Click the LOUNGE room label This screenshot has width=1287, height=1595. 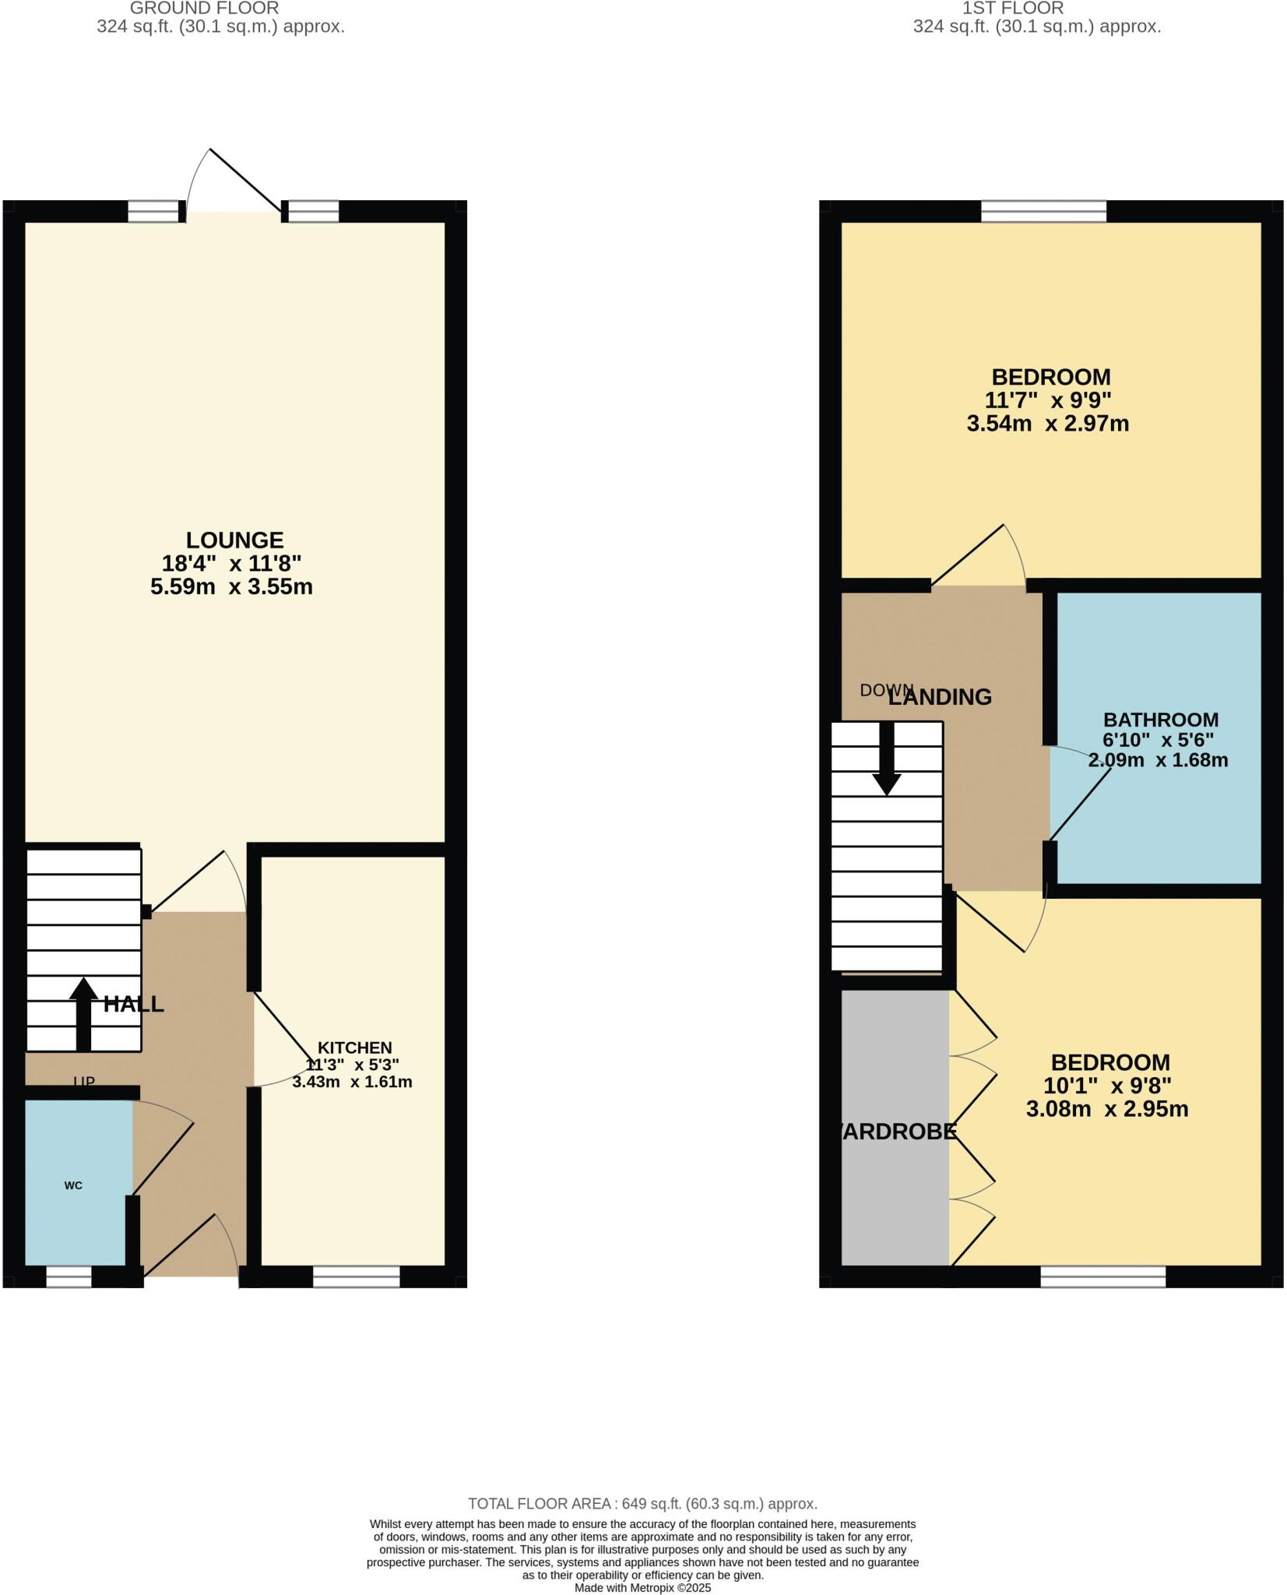pyautogui.click(x=234, y=540)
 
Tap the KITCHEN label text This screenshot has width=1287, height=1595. pyautogui.click(x=354, y=1047)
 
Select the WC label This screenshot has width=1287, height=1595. pyautogui.click(x=73, y=1185)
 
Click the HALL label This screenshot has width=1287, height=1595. pyautogui.click(x=134, y=1004)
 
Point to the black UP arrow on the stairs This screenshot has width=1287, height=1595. pyautogui.click(x=83, y=1012)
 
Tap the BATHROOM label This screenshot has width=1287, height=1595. pyautogui.click(x=1160, y=720)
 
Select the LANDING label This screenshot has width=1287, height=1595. pyautogui.click(x=941, y=697)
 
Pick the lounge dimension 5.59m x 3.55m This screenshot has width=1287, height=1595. pyautogui.click(x=232, y=586)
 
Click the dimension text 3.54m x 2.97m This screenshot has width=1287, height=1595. pyautogui.click(x=1047, y=424)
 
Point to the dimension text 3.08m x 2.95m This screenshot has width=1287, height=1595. pyautogui.click(x=1106, y=1109)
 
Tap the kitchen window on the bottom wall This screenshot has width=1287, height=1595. pyautogui.click(x=356, y=1276)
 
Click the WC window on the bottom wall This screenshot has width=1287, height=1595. pyautogui.click(x=69, y=1276)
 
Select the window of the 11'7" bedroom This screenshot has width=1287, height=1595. pyautogui.click(x=1043, y=211)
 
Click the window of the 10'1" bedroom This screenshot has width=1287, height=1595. pyautogui.click(x=1102, y=1276)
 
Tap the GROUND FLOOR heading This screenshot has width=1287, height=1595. pyautogui.click(x=204, y=9)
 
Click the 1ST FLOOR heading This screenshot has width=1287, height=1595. pyautogui.click(x=1012, y=9)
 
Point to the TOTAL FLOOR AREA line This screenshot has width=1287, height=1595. pyautogui.click(x=642, y=1504)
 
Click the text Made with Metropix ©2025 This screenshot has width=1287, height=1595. pyautogui.click(x=642, y=1588)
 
